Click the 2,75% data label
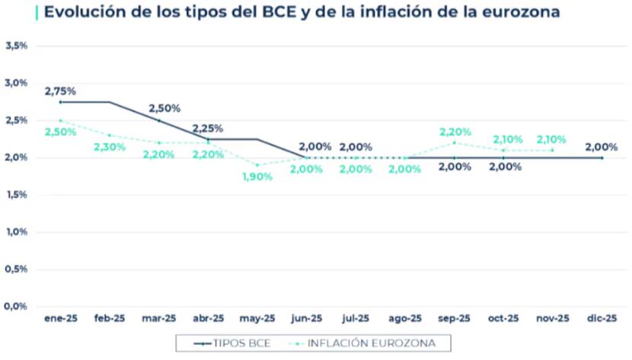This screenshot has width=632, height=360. (60, 91)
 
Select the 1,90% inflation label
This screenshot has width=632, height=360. (257, 177)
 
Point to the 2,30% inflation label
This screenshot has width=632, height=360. (109, 147)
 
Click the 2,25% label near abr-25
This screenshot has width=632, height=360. (207, 128)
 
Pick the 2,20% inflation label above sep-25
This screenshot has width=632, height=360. (455, 132)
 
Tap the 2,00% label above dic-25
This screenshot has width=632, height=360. (601, 147)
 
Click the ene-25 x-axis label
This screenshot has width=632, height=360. (60, 318)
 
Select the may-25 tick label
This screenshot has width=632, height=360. (257, 318)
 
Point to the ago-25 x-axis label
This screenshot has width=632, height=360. (405, 318)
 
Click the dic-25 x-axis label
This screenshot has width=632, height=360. (602, 318)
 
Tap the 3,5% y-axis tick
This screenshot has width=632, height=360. (17, 46)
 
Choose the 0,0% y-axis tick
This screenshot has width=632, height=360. (17, 307)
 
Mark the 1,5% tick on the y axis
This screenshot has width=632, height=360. (17, 195)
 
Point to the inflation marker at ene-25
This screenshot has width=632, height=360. (60, 120)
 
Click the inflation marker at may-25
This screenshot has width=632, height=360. (257, 164)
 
